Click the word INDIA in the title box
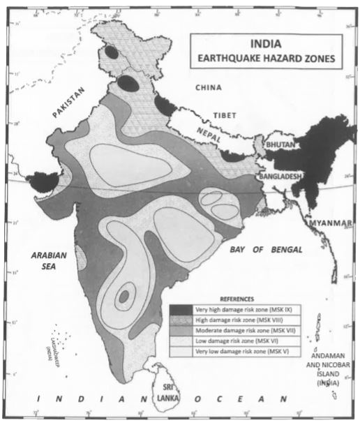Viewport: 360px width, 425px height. click(267, 43)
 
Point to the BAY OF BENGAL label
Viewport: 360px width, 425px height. click(268, 249)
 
